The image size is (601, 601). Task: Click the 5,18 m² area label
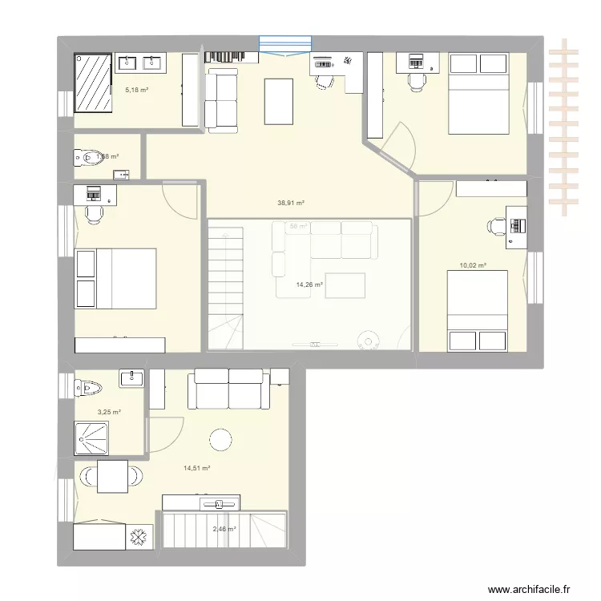coord(136,90)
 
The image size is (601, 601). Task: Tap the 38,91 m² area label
coord(291,204)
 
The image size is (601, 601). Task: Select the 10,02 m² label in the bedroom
coord(473,264)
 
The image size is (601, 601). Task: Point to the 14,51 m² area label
coord(196,468)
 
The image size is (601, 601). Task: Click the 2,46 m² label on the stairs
coord(224,529)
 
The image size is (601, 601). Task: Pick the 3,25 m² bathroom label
coord(109,412)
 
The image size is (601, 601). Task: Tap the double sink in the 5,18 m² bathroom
coord(140,63)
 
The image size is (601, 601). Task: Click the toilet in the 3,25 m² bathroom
coord(89,389)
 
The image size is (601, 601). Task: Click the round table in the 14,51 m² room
coord(220,438)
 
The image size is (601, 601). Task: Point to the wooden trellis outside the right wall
coord(566,128)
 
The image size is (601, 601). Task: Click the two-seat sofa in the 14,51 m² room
coord(228,388)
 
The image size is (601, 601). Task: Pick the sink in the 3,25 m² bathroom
coord(132,377)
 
